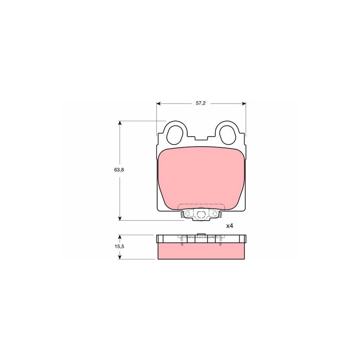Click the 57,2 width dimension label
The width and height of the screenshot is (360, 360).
[x=201, y=103]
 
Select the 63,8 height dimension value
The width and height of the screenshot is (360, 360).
[x=119, y=170]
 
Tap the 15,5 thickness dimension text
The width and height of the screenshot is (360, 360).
[x=119, y=246]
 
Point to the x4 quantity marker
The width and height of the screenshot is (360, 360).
[x=229, y=226]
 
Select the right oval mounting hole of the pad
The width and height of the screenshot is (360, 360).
[x=227, y=135]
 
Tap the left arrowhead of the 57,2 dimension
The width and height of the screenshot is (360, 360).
[x=158, y=103]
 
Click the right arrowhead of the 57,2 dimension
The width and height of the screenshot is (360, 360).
[x=244, y=103]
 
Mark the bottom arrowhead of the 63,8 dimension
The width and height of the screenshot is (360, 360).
[x=120, y=218]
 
